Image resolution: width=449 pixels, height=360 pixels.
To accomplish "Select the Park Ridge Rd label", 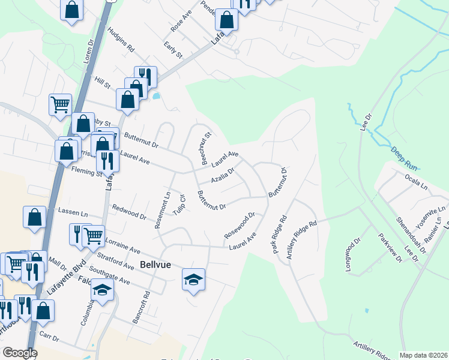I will pos(280,235).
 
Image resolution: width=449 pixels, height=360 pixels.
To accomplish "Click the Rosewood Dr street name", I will pos(240,225).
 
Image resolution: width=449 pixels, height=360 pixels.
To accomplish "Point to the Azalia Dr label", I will pos(222,175).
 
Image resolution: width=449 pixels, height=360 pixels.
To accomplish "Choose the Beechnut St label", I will pos(205,149).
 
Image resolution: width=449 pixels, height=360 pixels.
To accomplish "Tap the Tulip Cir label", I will pos(179,205).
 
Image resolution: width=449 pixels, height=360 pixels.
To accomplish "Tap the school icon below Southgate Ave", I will pos(103,291).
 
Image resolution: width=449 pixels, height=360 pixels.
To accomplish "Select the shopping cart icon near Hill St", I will pos(60,104).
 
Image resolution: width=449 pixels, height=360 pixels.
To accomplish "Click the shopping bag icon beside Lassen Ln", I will pos(35,217).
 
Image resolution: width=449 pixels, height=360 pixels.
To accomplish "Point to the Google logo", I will pos(20,353).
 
